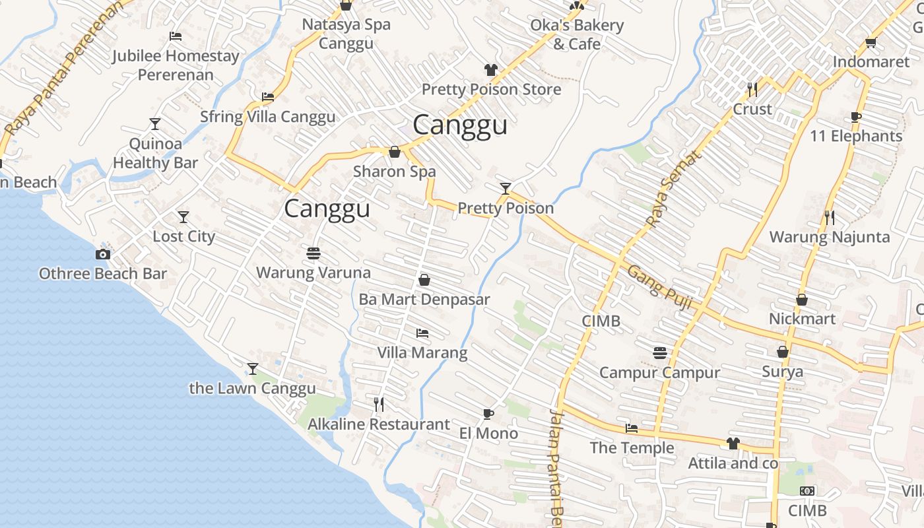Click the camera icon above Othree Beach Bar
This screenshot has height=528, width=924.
click(x=102, y=254)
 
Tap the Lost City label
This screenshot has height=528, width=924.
click(x=183, y=236)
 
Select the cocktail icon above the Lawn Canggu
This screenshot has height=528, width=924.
click(x=252, y=368)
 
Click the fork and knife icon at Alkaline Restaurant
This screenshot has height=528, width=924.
click(x=379, y=404)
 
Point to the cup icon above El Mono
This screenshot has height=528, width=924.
click(x=488, y=414)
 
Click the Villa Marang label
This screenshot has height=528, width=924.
click(x=422, y=352)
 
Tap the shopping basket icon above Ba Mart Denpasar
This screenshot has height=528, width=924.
click(x=424, y=280)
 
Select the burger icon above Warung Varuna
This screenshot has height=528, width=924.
click(x=313, y=253)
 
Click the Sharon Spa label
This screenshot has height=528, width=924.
click(x=394, y=172)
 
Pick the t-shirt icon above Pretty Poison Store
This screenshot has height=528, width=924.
click(x=490, y=69)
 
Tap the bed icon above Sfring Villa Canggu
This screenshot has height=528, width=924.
click(x=267, y=97)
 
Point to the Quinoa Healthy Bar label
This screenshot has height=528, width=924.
click(x=155, y=153)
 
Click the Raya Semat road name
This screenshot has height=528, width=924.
click(x=673, y=189)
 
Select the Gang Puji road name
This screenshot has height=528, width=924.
click(x=659, y=287)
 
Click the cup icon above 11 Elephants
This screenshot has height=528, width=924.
click(x=856, y=117)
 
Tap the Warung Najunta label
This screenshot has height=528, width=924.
click(x=829, y=237)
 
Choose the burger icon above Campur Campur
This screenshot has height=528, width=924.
click(x=659, y=352)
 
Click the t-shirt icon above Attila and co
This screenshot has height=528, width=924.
click(x=733, y=443)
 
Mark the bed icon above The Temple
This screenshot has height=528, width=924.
click(x=632, y=428)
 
